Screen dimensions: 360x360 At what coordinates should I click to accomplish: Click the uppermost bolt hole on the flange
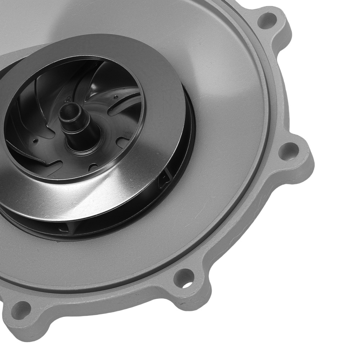268,21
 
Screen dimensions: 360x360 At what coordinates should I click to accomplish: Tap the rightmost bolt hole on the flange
289,151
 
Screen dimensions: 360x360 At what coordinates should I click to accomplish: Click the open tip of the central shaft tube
71,108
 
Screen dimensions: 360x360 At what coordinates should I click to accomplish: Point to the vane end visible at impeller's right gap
166,176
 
